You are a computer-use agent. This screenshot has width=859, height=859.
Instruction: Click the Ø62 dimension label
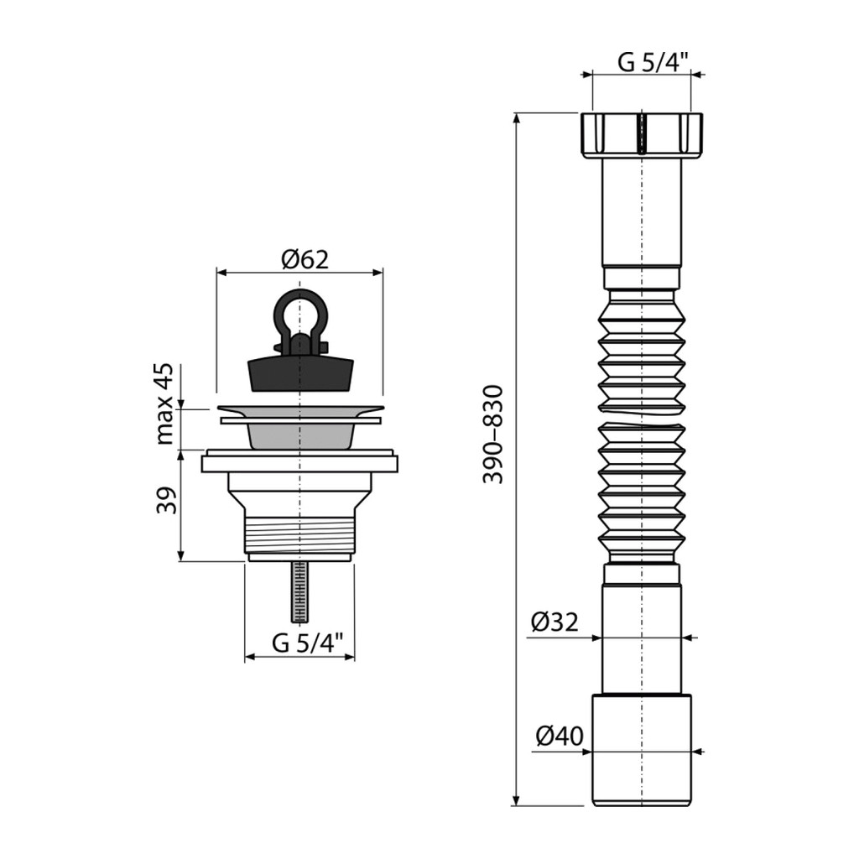coord(305,259)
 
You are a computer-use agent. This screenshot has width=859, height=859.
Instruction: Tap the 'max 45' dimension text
coord(164,403)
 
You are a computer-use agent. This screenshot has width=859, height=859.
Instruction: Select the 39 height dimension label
coord(167,500)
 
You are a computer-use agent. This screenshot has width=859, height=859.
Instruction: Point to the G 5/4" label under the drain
coord(307,643)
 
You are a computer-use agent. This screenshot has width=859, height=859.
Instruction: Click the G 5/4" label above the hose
coord(653,62)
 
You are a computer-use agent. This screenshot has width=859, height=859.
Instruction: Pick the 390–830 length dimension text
coord(492,435)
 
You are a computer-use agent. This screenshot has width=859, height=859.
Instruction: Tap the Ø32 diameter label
coord(554,622)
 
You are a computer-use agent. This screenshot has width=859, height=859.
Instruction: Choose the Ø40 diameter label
coord(560,736)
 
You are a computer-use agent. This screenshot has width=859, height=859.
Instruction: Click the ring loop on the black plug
coord(300,313)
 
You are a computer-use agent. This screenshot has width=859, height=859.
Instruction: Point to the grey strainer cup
coord(300,435)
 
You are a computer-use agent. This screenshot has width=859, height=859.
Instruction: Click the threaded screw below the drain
coord(299,591)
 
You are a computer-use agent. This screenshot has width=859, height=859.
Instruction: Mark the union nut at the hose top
coord(641,135)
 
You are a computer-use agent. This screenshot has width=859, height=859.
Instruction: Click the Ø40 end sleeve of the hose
coord(642,750)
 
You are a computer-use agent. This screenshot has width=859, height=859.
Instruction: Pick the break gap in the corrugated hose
coord(642,417)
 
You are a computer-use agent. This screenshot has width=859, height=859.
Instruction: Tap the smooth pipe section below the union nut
coord(642,212)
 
